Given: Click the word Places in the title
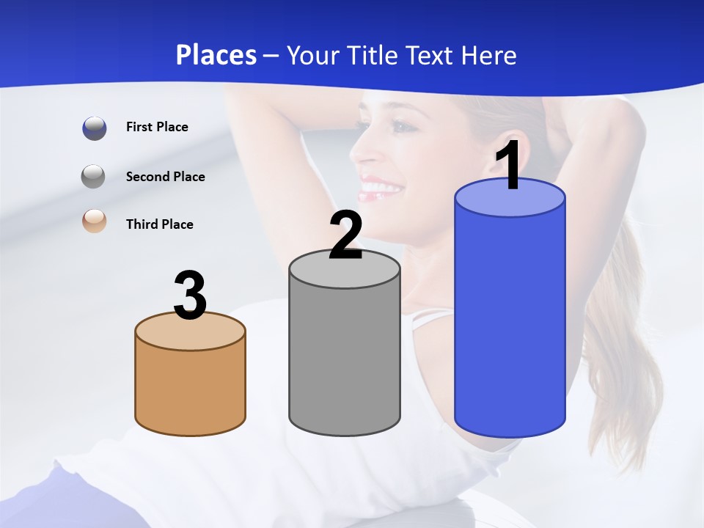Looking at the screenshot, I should point(216,55).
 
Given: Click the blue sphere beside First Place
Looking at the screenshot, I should point(95,128).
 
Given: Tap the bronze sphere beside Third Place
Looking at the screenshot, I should point(95,221).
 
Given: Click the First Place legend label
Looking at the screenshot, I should point(157,127).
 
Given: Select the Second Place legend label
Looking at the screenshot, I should point(165,177).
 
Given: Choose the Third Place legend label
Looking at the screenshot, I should point(159,224).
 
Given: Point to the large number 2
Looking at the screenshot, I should point(345,235).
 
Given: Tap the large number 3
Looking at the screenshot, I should point(190,296).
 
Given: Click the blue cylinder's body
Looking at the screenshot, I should point(510,323).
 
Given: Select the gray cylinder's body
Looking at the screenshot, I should point(345,359).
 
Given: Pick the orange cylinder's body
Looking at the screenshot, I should point(190,389).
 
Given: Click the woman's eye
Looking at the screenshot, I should point(402,125).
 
